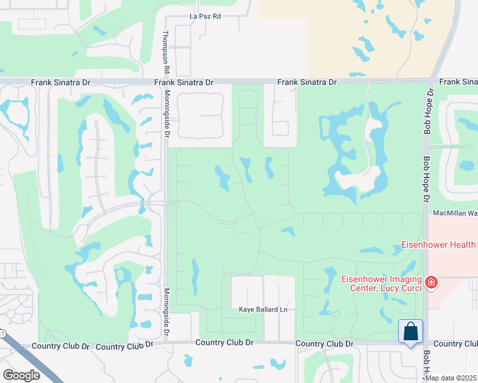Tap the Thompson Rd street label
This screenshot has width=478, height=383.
[x=166, y=51]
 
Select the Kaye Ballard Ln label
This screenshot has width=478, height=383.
[x=264, y=310]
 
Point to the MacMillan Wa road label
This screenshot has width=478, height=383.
[x=456, y=213]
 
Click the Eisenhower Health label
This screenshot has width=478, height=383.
[x=438, y=244]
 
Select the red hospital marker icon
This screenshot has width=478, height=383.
[x=432, y=282]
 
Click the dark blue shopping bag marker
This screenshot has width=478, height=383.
[x=410, y=332]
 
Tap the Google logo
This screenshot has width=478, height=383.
[x=21, y=375]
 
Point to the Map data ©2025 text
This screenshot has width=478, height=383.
[x=451, y=378]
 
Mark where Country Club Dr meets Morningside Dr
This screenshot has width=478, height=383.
[x=166, y=343]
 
